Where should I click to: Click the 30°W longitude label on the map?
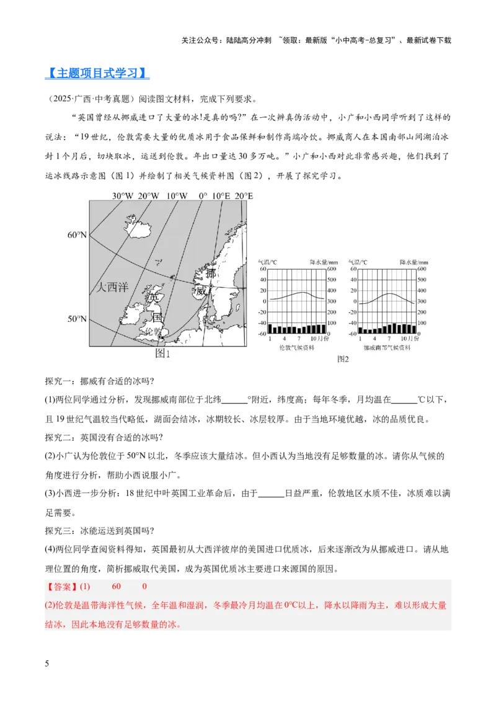pos(122,196)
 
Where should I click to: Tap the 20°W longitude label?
pos(148,196)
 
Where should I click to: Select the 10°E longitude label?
pos(221,196)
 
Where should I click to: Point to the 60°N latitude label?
pos(77,235)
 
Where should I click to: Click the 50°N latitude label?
pos(77,319)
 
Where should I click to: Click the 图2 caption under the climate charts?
pos(343,359)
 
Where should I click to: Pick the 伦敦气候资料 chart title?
pos(297,348)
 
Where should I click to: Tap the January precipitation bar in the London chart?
pos(270,329)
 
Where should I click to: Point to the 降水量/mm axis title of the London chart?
pos(324,262)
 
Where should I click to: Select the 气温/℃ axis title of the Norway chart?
pos(358,262)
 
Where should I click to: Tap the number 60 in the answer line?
pos(117,587)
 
